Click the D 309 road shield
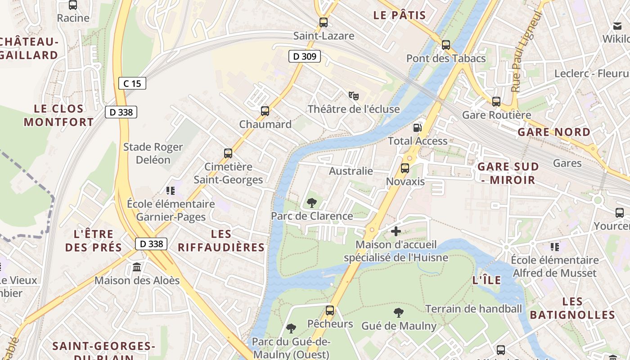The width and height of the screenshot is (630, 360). pyautogui.click(x=305, y=56)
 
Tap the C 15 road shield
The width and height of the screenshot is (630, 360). pyautogui.click(x=132, y=83)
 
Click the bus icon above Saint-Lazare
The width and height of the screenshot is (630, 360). pyautogui.click(x=323, y=22)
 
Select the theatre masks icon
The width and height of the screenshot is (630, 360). pyautogui.click(x=354, y=95)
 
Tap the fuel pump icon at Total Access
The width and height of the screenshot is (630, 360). pyautogui.click(x=418, y=127)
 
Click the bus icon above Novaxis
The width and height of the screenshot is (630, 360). pyautogui.click(x=405, y=168)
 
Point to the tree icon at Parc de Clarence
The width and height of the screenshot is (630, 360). pyautogui.click(x=311, y=203)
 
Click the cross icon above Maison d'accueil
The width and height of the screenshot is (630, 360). pyautogui.click(x=396, y=231)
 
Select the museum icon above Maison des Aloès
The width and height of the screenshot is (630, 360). pyautogui.click(x=137, y=267)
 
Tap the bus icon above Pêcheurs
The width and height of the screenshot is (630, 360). pyautogui.click(x=330, y=310)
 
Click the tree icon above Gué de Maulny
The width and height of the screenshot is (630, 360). pyautogui.click(x=399, y=312)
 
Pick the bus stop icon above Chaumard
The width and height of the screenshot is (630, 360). pyautogui.click(x=265, y=111)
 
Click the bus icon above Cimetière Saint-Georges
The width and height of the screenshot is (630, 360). pyautogui.click(x=228, y=153)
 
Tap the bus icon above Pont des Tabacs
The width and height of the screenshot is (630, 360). pyautogui.click(x=446, y=45)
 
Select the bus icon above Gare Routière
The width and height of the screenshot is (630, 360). pyautogui.click(x=496, y=102)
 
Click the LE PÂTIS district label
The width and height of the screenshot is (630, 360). pyautogui.click(x=400, y=15)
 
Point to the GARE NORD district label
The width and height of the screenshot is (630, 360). pyautogui.click(x=553, y=132)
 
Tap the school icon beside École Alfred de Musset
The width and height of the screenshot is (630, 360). pyautogui.click(x=555, y=247)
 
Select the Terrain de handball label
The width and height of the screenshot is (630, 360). pyautogui.click(x=473, y=309)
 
